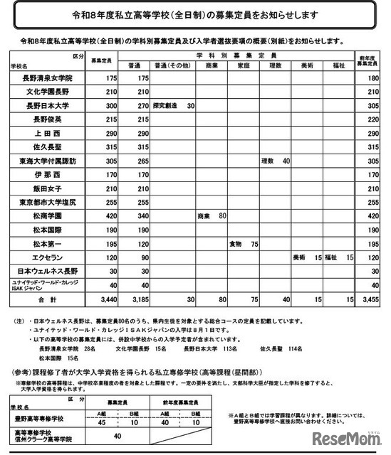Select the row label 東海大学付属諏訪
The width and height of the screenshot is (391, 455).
pos(44,161)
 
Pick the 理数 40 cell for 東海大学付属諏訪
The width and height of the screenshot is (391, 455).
pos(275,161)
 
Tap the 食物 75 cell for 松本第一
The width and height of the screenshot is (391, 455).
pos(243,244)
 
